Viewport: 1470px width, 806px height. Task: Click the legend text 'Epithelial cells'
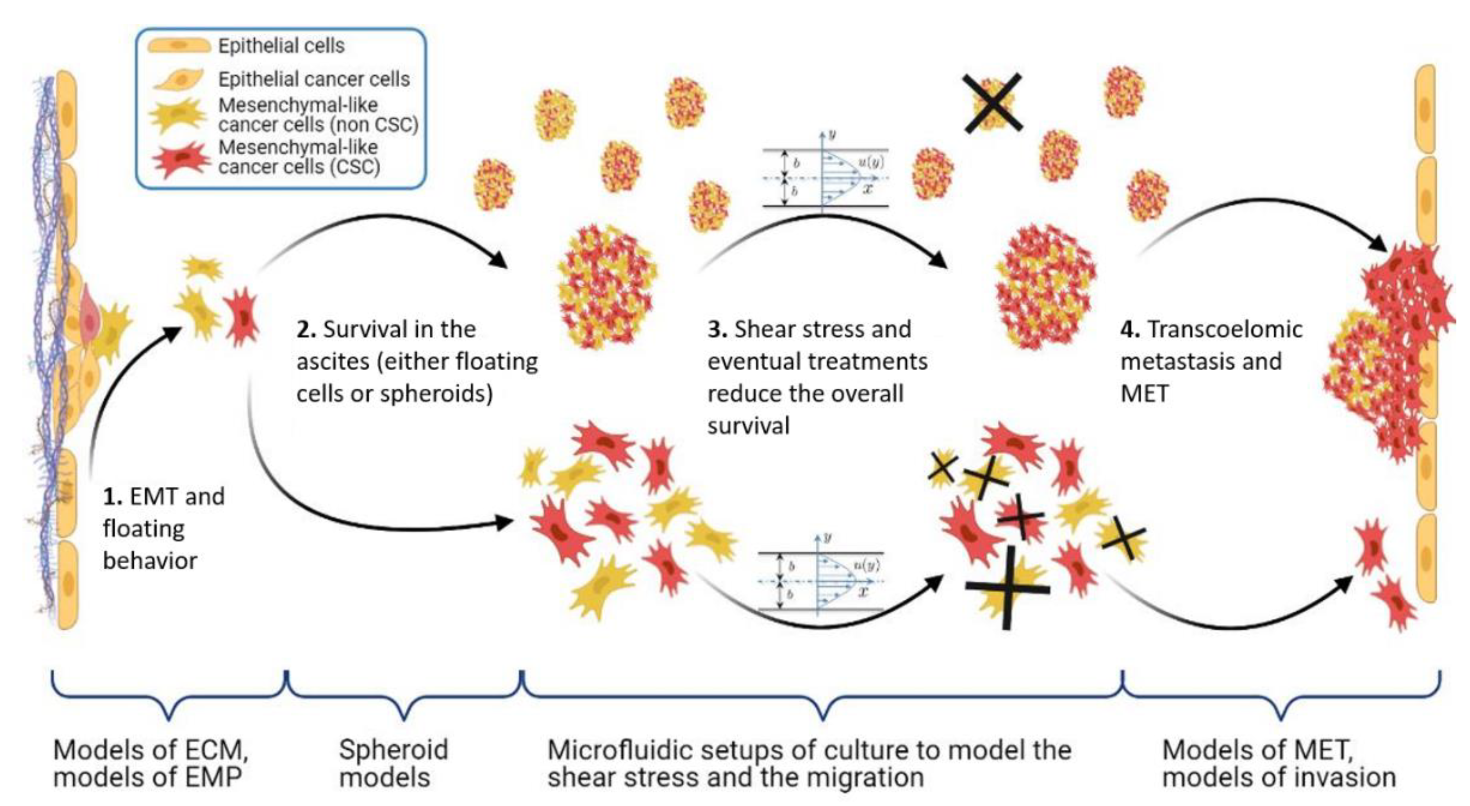281,46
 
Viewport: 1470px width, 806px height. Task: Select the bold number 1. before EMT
113,496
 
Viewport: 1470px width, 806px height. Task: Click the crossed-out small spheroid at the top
992,103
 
